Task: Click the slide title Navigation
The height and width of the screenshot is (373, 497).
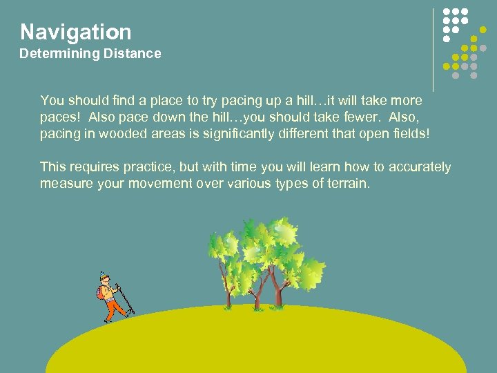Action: click(75, 32)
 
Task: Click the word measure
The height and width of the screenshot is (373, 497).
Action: click(64, 183)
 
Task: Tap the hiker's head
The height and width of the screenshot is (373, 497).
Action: click(104, 278)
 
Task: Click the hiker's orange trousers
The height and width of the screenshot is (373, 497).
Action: click(111, 309)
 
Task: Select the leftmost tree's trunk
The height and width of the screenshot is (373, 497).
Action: click(228, 294)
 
